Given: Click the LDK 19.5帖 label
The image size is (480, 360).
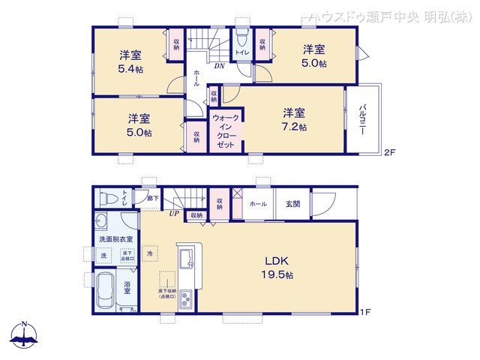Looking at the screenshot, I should click(277, 268).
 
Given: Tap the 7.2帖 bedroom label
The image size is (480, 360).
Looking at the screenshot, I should click(294, 120).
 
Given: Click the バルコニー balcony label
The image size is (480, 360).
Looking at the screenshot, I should click(362, 120).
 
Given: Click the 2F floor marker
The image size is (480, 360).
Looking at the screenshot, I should click(388, 152).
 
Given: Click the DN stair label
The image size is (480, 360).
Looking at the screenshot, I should click(220, 66).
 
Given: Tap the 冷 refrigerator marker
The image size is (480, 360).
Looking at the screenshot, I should click(150, 254).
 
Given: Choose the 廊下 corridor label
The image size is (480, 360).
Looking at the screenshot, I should click(152, 198).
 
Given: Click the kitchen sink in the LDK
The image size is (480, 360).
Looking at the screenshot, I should click(186, 260).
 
